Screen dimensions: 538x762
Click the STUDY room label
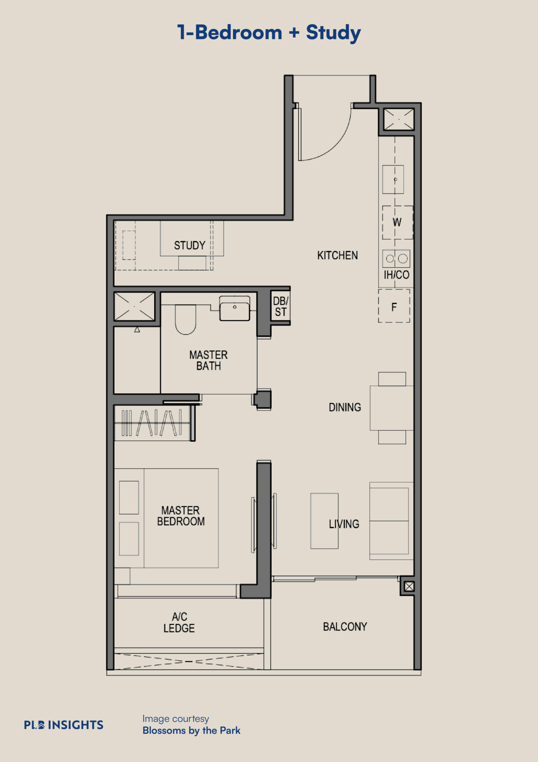(190, 245)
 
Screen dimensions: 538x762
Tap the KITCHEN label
(337, 256)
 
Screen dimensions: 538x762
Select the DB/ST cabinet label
(281, 306)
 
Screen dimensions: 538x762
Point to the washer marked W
(397, 222)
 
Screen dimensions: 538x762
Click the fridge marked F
(394, 306)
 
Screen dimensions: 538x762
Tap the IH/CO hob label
(396, 275)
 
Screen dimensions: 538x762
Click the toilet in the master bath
(186, 320)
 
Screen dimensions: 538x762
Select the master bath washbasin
(234, 308)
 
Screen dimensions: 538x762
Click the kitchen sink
(393, 179)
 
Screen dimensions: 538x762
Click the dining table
(392, 408)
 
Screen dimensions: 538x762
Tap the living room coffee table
(325, 521)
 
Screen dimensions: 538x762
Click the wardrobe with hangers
(152, 423)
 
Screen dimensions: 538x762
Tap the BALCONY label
(345, 627)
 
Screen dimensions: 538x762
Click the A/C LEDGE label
(179, 622)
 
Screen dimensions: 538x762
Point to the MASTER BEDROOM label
(181, 516)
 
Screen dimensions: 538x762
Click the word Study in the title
(333, 32)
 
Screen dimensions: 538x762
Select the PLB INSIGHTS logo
(64, 725)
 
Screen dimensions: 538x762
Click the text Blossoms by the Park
(191, 730)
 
